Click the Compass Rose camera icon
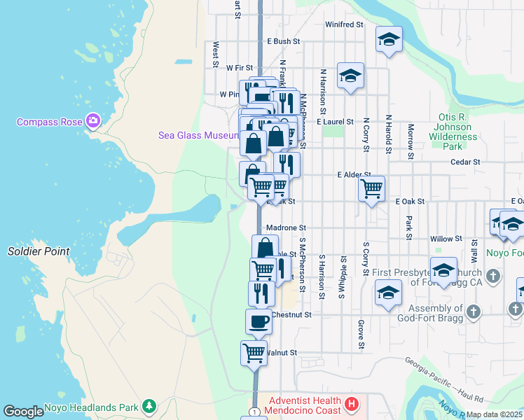(94, 122)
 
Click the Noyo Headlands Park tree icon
(149, 406)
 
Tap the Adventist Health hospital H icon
(352, 405)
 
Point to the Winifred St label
(344, 24)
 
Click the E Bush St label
(283, 42)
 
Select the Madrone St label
(287, 228)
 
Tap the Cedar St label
(465, 162)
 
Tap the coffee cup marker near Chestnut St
(258, 321)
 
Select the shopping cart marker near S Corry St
(371, 188)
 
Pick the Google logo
(23, 412)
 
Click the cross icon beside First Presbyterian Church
(493, 276)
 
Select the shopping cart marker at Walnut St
(254, 352)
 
